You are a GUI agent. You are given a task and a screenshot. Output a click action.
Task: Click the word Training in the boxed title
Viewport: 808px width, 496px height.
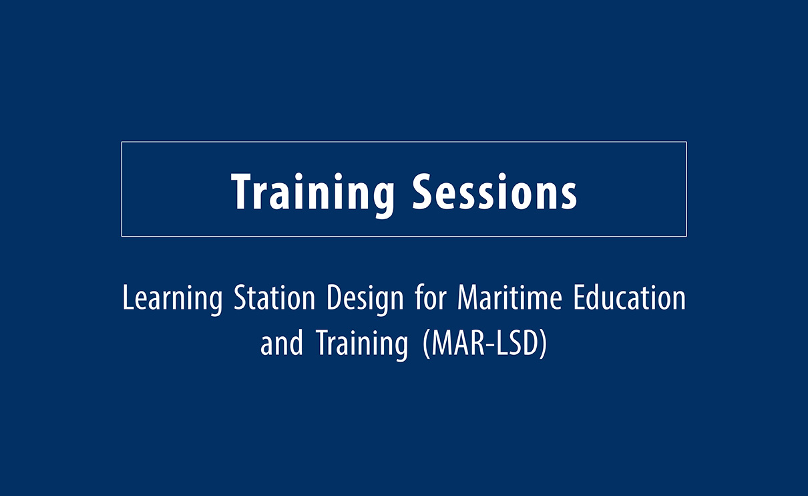(x=313, y=191)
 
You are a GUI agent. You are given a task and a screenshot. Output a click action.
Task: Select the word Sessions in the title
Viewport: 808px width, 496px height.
(x=495, y=191)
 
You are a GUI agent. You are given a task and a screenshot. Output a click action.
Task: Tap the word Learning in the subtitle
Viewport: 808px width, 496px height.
(x=172, y=299)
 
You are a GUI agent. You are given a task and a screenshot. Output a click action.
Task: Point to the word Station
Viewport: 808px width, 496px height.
(x=274, y=298)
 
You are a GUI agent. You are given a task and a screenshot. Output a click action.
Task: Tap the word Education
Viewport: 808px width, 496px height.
(x=629, y=298)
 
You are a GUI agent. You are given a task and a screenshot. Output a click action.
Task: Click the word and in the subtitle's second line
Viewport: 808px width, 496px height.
(x=282, y=344)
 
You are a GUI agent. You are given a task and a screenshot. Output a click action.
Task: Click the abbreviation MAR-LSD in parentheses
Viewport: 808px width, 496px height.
(x=484, y=344)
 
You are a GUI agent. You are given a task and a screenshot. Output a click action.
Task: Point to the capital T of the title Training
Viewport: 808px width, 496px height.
(x=242, y=191)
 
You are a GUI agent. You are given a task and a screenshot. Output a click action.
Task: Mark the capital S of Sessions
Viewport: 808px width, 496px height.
(x=424, y=191)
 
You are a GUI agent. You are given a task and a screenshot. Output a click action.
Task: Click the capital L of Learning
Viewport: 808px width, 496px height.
(x=128, y=298)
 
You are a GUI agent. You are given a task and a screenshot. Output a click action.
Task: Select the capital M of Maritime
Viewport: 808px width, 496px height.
(x=468, y=298)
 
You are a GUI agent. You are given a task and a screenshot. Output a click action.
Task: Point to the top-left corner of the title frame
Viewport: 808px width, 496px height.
(x=122, y=142)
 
